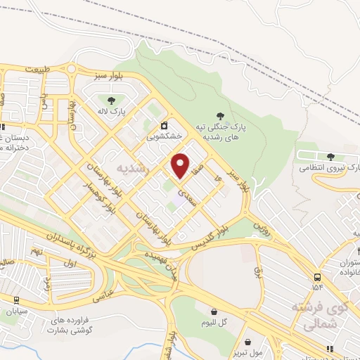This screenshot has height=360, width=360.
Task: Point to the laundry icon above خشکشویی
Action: click(x=164, y=125)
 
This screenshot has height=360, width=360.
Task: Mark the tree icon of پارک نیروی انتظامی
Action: click(x=330, y=156)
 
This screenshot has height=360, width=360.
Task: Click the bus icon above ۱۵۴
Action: click(x=318, y=276)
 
